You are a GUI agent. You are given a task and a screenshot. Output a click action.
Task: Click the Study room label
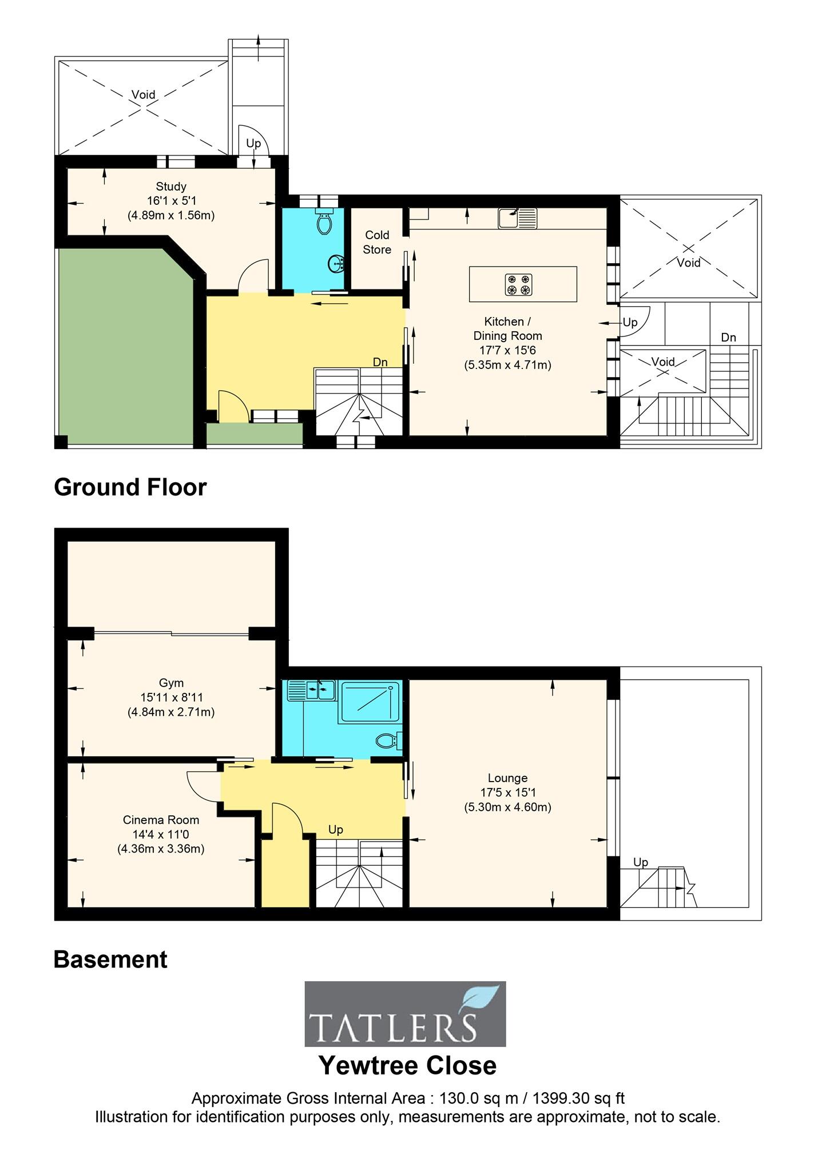coord(170,187)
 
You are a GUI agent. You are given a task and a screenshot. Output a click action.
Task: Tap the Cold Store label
coord(377,242)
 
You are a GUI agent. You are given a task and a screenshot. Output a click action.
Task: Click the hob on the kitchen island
coord(518,284)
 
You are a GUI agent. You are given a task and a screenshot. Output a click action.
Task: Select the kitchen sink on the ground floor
coord(517,218)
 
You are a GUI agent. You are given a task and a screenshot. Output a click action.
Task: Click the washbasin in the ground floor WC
coord(336,264)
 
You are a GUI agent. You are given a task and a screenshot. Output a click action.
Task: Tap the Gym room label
coord(171,683)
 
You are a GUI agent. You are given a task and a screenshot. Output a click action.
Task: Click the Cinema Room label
coord(161,819)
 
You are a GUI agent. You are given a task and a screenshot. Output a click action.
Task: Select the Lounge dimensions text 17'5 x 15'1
coord(507,792)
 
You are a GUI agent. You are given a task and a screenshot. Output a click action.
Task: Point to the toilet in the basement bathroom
coord(390,741)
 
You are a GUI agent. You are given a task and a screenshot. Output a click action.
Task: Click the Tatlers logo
coord(405,1014)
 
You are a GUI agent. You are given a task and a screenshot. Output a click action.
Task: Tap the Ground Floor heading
coord(130,487)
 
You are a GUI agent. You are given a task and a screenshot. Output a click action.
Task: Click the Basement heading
coord(110,959)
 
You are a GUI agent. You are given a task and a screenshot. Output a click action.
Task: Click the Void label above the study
coord(143,94)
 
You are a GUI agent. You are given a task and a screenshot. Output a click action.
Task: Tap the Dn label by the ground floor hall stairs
coord(380,362)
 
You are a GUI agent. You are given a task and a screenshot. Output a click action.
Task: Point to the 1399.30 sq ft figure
coord(578,1098)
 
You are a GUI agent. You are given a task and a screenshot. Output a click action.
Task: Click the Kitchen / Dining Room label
coord(507,328)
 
